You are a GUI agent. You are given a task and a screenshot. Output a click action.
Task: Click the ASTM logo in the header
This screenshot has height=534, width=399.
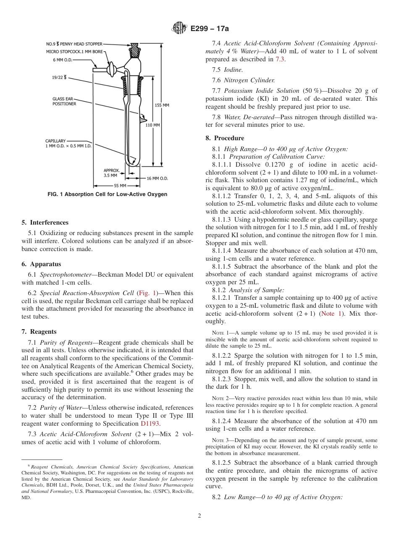coord(179,29)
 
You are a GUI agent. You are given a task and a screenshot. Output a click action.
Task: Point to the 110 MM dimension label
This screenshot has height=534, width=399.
coord(152,125)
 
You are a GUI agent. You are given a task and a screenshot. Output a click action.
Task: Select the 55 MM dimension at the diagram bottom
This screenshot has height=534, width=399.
coord(120,186)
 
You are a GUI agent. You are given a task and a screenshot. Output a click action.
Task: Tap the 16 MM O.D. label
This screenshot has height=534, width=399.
coord(157,178)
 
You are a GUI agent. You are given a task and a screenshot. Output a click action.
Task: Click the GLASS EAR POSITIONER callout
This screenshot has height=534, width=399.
coord(64,101)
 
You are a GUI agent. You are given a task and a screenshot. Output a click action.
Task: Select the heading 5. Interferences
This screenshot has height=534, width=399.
coord(45,222)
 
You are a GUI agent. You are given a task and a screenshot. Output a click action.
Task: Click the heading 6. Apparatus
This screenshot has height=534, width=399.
coord(41,264)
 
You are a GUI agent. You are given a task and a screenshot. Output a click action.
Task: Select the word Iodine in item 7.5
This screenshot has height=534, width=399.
coord(233,69)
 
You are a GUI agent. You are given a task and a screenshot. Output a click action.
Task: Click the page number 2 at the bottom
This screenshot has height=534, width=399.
coord(199,516)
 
